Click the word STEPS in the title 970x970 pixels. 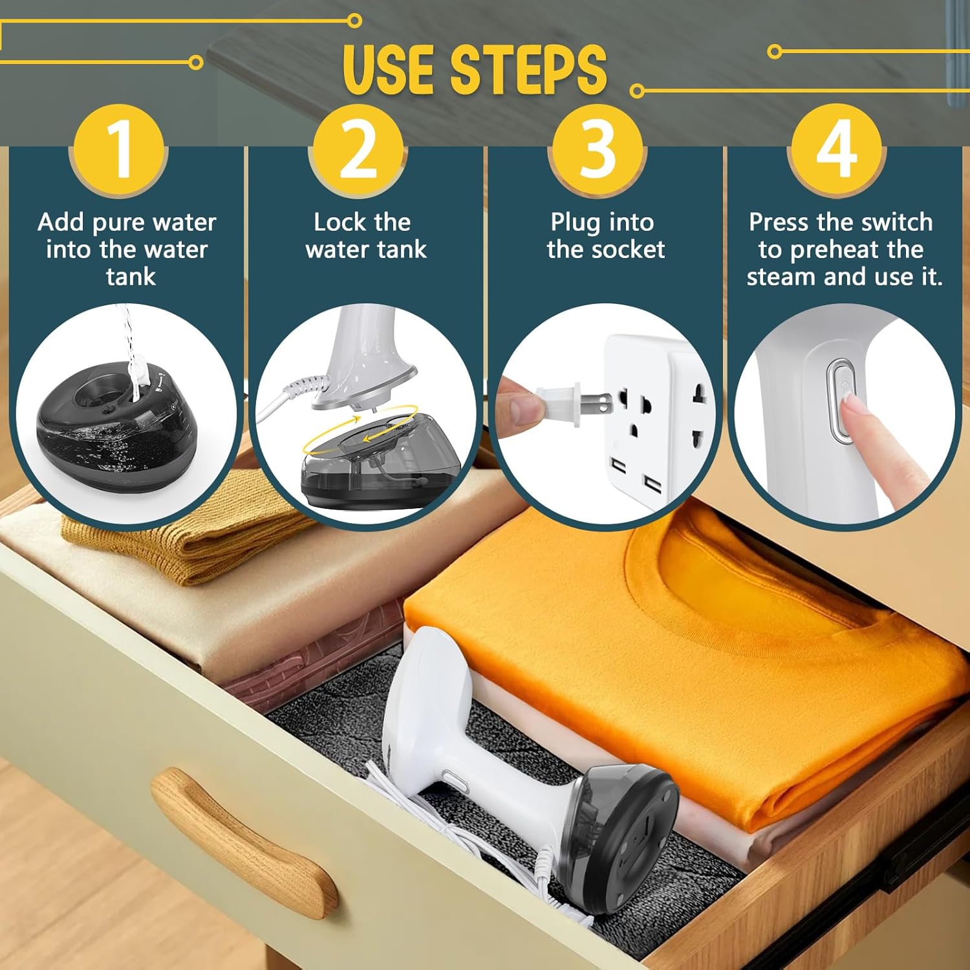click(x=528, y=70)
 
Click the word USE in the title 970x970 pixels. click(x=391, y=70)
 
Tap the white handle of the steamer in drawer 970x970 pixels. click(x=453, y=744)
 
